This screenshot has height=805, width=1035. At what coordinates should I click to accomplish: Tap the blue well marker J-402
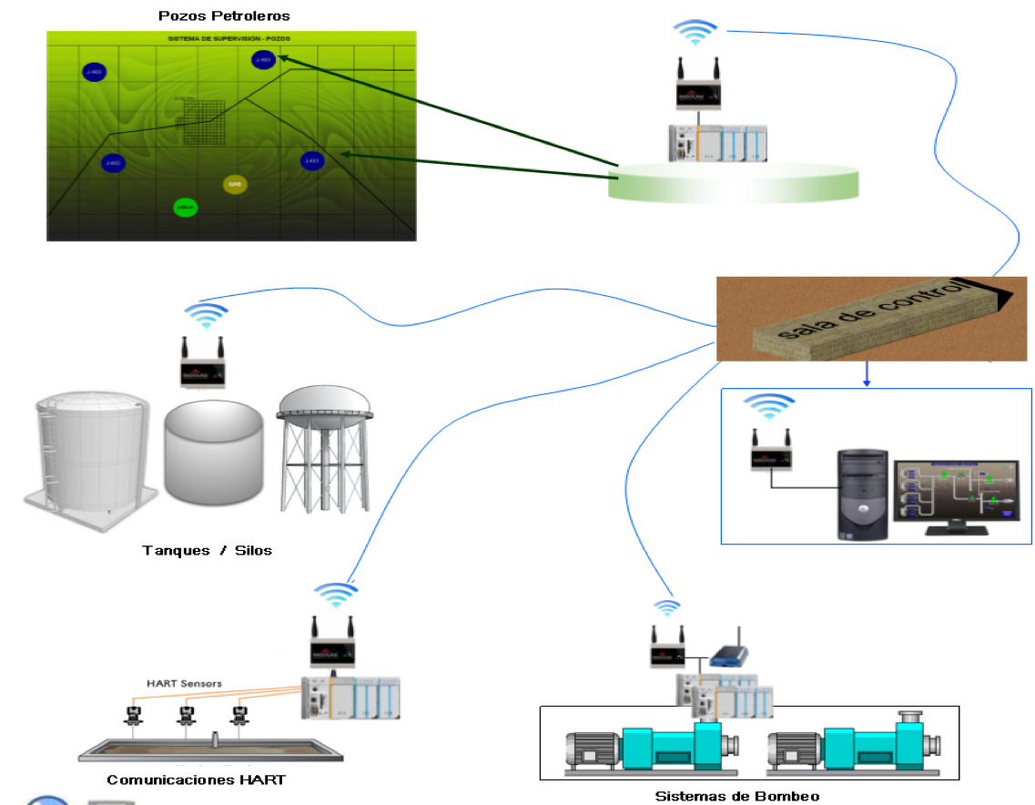click(113, 163)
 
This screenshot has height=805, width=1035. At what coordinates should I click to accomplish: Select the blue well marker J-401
click(312, 161)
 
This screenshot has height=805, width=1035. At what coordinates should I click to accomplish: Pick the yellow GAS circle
click(234, 184)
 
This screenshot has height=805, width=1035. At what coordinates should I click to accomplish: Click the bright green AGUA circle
click(186, 207)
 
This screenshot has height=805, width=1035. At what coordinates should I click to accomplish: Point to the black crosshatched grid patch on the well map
click(203, 122)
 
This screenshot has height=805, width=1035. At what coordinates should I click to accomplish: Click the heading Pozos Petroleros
click(224, 16)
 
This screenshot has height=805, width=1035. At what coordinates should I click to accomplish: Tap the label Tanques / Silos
click(207, 550)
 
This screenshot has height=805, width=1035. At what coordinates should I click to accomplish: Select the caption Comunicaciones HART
click(196, 780)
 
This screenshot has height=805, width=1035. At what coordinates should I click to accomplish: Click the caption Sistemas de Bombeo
click(737, 796)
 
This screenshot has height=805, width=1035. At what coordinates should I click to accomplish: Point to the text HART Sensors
click(184, 683)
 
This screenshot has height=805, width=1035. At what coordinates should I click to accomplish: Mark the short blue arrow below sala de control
click(867, 373)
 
